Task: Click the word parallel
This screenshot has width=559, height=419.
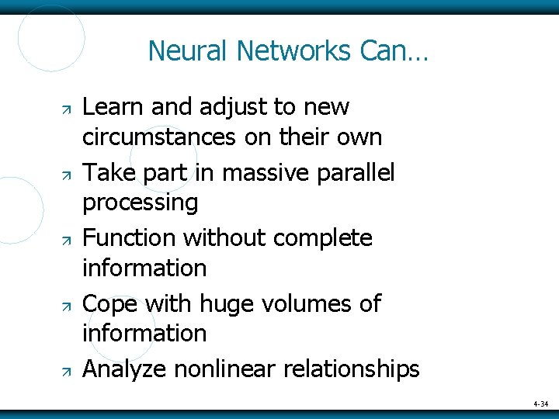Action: click(x=358, y=171)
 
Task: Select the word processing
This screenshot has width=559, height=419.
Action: click(x=140, y=203)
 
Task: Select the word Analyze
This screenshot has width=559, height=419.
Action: click(x=124, y=369)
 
